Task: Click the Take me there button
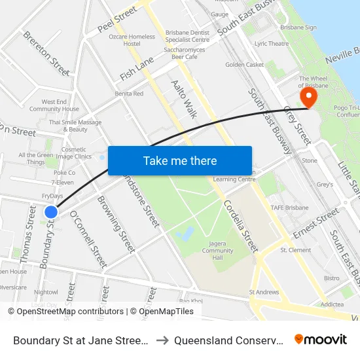click(180, 161)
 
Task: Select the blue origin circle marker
click(51, 211)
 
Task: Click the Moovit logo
click(320, 339)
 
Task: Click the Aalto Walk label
click(183, 99)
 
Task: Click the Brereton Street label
click(46, 52)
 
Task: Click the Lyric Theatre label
click(272, 44)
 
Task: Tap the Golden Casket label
click(244, 65)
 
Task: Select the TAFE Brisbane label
click(289, 207)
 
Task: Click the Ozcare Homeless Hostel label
click(132, 40)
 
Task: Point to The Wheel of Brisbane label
click(313, 82)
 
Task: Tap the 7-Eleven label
click(63, 182)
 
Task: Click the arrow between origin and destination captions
click(161, 340)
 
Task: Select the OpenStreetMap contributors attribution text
click(66, 312)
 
